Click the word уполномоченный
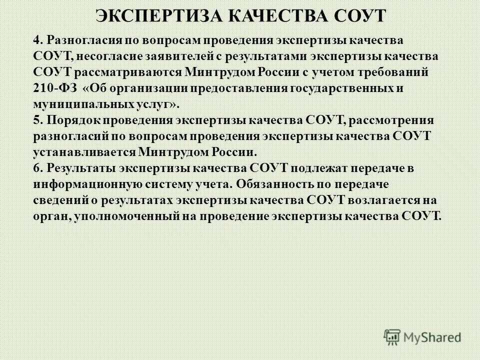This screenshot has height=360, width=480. coord(118,216)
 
